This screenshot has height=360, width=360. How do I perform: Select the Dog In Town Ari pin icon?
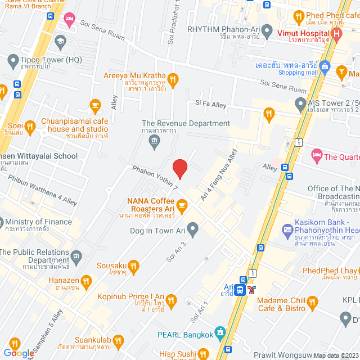pos(193,229)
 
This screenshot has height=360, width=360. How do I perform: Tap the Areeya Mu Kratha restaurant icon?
pos(173,80)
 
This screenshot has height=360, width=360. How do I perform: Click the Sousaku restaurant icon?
pos(133,265)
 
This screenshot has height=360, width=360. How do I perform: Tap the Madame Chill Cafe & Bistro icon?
pos(313,304)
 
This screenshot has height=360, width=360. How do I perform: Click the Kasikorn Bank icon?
pos(287,229)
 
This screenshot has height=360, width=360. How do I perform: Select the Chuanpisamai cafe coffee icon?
pos(95,105)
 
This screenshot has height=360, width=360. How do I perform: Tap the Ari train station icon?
pos(240,290)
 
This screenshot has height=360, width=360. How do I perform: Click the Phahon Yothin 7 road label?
pos(155,177)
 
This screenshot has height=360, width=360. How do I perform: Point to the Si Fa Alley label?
pos(210,103)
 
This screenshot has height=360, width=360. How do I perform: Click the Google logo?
pos(19,353)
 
